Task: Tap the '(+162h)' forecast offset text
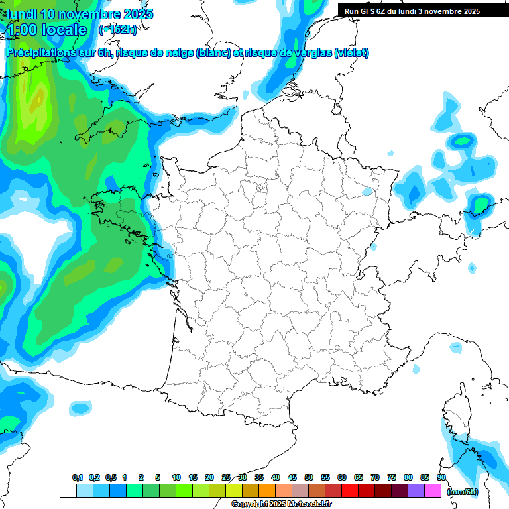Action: click(x=118, y=30)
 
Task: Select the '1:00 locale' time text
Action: click(x=46, y=30)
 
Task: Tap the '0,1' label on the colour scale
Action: click(x=77, y=478)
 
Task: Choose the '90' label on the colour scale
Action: click(x=441, y=478)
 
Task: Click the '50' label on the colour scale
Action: click(x=309, y=478)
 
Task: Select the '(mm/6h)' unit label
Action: click(x=463, y=492)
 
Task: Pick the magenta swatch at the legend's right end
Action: click(x=433, y=490)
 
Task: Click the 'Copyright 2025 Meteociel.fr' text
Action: click(x=281, y=504)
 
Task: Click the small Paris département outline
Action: click(x=261, y=188)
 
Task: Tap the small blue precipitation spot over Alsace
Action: click(x=367, y=192)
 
